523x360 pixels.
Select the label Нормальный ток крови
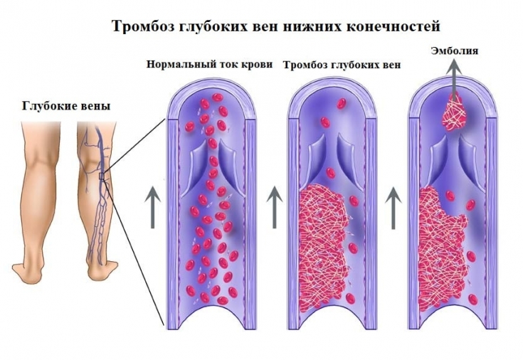[x=209, y=64]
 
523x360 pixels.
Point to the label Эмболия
[x=454, y=51]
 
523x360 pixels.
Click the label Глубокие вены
[x=67, y=107]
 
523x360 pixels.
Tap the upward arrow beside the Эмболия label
[x=453, y=72]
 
